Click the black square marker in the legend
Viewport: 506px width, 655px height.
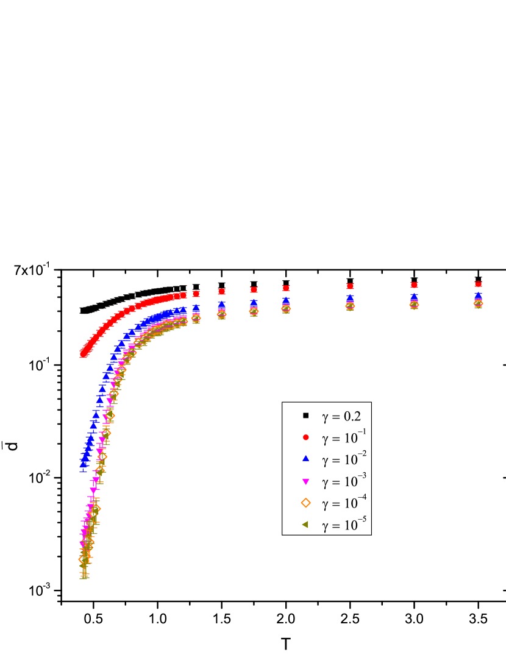306,416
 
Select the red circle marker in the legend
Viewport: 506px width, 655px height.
306,437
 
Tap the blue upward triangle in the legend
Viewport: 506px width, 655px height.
306,458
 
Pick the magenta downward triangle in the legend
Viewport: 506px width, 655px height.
306,481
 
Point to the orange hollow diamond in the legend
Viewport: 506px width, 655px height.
306,503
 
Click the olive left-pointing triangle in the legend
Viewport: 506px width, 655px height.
305,524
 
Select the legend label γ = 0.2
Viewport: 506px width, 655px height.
341,417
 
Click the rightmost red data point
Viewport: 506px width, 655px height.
478,284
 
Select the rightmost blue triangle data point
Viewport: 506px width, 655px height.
478,296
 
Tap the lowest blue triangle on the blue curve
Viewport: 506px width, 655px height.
83,465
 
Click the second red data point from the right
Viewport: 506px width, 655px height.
414,285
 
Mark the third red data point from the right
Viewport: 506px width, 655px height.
350,286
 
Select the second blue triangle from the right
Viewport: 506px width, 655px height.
414,297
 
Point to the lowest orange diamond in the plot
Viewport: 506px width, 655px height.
83,559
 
